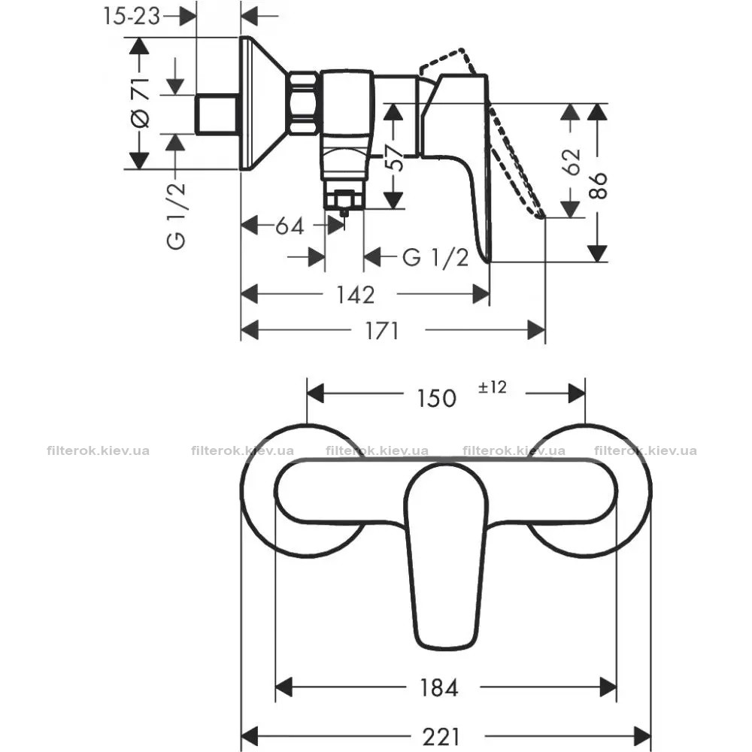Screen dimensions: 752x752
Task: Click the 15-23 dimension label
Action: (131, 17)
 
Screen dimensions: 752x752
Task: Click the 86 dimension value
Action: (599, 185)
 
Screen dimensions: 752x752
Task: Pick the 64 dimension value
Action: (290, 226)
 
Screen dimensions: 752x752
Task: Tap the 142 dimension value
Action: (355, 295)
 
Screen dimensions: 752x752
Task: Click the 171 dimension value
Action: (382, 330)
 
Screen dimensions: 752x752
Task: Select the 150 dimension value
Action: (436, 398)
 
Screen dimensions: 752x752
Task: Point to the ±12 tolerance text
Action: (492, 387)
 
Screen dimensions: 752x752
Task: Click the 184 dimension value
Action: (439, 688)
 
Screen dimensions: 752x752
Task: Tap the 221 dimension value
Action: (441, 737)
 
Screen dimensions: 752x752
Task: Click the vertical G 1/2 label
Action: (176, 216)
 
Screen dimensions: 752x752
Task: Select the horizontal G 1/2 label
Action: (435, 258)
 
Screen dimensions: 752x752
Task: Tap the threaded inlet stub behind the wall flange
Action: (217, 114)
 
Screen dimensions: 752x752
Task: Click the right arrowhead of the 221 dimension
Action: (643, 735)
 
